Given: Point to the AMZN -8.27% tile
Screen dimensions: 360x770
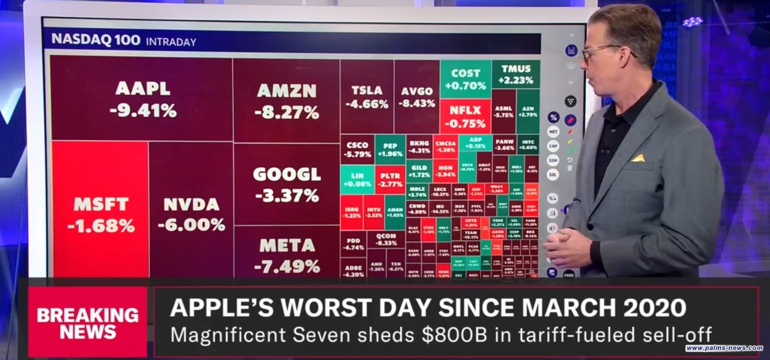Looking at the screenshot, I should (x=287, y=101).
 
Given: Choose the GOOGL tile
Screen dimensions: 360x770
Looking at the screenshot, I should (x=287, y=184).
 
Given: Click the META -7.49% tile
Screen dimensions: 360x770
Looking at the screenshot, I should (x=287, y=255).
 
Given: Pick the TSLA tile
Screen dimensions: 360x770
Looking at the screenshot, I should (x=367, y=97).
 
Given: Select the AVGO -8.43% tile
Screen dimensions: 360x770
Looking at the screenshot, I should (x=417, y=97).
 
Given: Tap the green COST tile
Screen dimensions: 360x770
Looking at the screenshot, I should (x=465, y=79).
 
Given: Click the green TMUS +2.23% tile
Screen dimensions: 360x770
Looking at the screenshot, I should (x=516, y=75).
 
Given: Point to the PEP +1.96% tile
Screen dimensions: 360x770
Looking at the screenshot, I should (x=390, y=149).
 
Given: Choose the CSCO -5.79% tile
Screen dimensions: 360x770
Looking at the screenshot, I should (x=357, y=149).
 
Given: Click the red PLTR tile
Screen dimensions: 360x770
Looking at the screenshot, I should (x=390, y=179).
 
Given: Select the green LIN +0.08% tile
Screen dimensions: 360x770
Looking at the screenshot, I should (x=357, y=179).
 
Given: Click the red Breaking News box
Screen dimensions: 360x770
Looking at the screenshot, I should (x=88, y=322).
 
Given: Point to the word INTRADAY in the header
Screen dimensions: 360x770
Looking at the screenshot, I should (x=171, y=42).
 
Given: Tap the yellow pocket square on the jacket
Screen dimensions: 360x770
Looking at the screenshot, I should (x=638, y=158).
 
